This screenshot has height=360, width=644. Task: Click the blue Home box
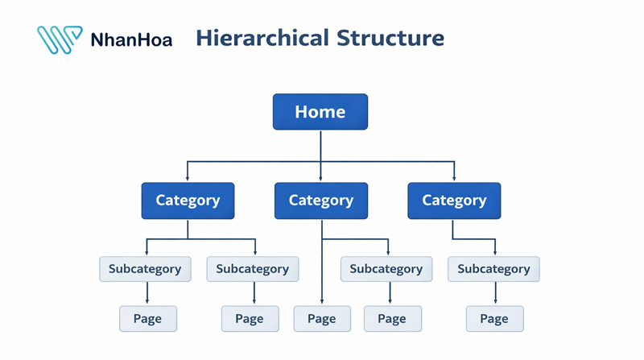tap(320, 112)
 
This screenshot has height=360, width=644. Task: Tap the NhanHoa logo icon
tap(59, 39)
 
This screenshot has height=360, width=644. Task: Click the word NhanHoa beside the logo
tap(131, 39)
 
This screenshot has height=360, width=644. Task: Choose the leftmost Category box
tap(188, 201)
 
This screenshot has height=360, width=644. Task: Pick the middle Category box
tap(320, 201)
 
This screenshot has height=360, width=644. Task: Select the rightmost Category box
tap(454, 201)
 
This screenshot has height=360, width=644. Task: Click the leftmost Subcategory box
tap(145, 269)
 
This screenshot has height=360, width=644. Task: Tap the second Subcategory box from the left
tap(252, 269)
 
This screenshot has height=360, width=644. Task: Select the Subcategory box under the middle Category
tap(386, 269)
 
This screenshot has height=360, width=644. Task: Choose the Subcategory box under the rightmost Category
tap(493, 269)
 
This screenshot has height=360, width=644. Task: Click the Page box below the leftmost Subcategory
tap(147, 319)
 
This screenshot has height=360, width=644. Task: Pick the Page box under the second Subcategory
tap(250, 319)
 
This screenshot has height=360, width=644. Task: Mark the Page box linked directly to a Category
tap(321, 319)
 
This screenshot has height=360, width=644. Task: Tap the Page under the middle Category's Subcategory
tap(392, 319)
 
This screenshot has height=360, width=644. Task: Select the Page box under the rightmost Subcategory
tap(494, 319)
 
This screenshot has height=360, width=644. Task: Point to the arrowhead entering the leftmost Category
tap(188, 178)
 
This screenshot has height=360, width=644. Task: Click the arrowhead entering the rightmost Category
tap(454, 178)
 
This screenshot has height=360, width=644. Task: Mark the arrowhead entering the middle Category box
tap(320, 178)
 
